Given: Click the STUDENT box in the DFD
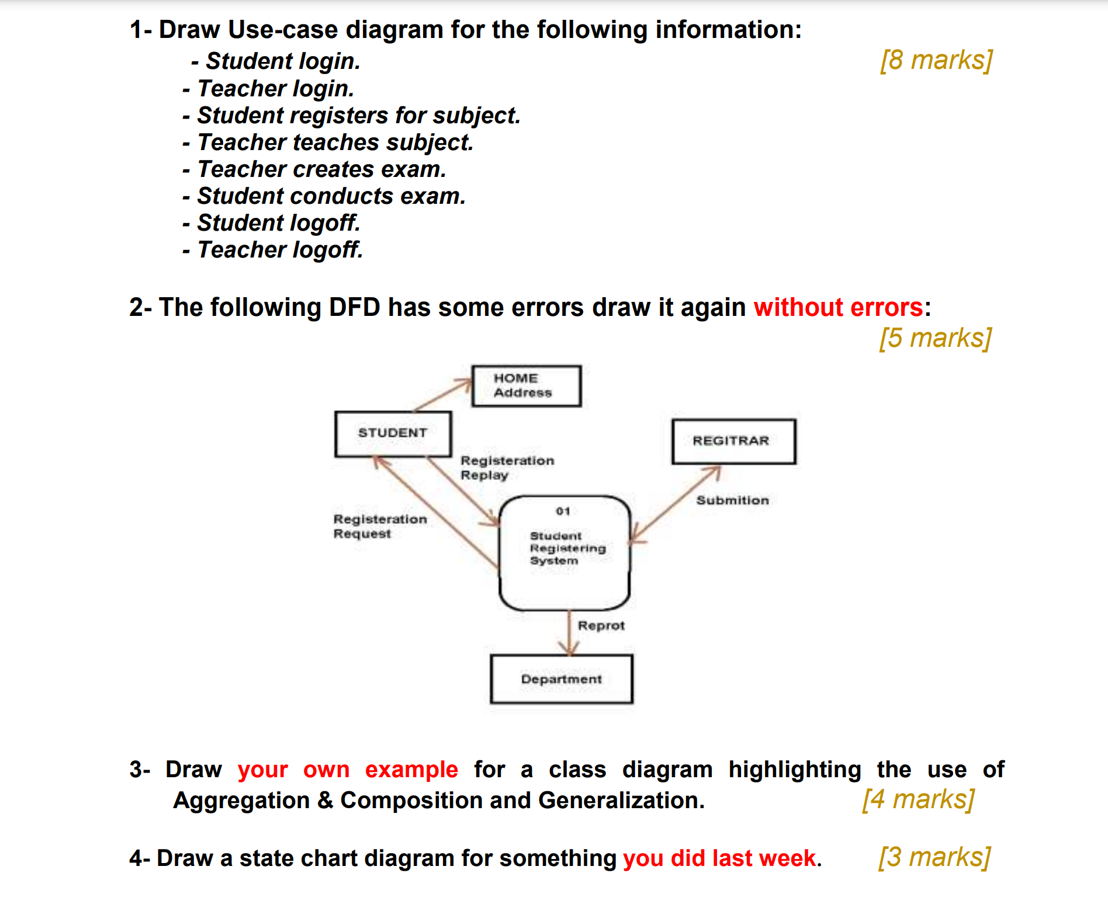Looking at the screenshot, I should [x=393, y=433].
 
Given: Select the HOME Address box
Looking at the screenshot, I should [x=526, y=386].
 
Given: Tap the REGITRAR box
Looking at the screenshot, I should [x=733, y=441].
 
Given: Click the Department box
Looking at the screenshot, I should [x=562, y=679].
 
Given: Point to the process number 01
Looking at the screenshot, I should [x=563, y=512].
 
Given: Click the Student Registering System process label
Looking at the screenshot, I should [x=567, y=548].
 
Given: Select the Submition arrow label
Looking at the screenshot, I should [x=732, y=500].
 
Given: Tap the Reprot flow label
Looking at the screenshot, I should [x=601, y=626].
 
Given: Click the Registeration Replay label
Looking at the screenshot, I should [x=507, y=468].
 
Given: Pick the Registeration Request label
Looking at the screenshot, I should [x=380, y=526].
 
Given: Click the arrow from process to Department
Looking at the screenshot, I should [x=569, y=634].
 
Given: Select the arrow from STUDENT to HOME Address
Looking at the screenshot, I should [x=442, y=395].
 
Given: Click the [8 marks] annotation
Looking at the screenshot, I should [x=936, y=60].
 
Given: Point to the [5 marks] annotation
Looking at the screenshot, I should [x=935, y=338].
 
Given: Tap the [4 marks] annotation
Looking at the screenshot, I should [x=918, y=799].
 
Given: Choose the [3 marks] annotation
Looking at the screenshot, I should [x=934, y=857].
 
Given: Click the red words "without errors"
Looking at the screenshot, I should [x=838, y=308].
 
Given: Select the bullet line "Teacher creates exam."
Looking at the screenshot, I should [x=321, y=169].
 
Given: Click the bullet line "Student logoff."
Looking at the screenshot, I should [x=278, y=223].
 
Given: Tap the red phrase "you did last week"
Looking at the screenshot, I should [x=719, y=858].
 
